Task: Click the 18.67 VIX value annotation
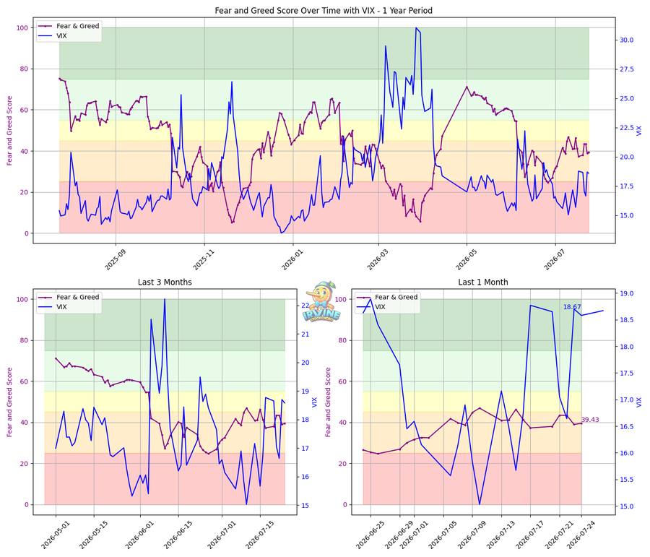572,307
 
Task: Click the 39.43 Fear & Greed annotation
590,420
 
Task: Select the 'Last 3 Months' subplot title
165,282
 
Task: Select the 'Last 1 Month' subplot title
483,282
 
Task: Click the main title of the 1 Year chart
324,10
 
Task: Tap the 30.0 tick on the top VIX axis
626,40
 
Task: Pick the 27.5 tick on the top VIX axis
626,69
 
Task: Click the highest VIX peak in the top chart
416,27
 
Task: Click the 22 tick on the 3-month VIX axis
305,306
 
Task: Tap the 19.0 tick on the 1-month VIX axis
626,293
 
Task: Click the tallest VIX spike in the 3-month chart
165,299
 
